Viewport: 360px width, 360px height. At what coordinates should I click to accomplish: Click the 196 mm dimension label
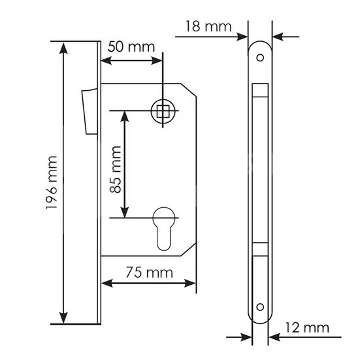pos(51,182)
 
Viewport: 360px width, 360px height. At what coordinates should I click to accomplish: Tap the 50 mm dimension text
pos(131,47)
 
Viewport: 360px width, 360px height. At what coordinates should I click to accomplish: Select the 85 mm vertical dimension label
pos(116,169)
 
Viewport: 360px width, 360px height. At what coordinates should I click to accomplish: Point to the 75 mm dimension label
pos(149,272)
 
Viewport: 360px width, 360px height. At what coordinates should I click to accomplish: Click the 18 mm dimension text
pos(208,26)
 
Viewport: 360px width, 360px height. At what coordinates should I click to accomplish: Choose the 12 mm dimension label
pos(307,327)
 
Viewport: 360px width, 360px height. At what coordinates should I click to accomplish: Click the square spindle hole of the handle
pos(163,111)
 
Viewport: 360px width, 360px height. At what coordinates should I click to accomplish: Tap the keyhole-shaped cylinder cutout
pos(163,229)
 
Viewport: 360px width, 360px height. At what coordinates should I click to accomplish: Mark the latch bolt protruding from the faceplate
pos(90,111)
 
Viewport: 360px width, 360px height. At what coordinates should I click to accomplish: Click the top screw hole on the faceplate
pos(260,57)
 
